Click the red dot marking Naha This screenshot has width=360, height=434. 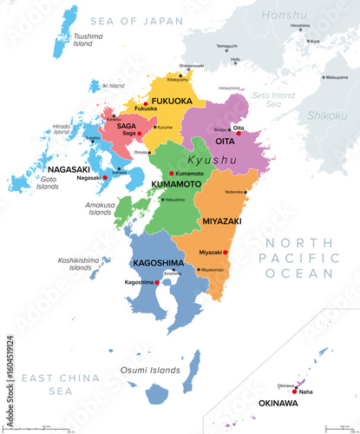click(x=296, y=391)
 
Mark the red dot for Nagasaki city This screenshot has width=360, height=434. click(x=105, y=177)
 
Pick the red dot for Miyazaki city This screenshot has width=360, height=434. click(x=226, y=252)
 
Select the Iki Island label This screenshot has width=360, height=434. click(x=113, y=86)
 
